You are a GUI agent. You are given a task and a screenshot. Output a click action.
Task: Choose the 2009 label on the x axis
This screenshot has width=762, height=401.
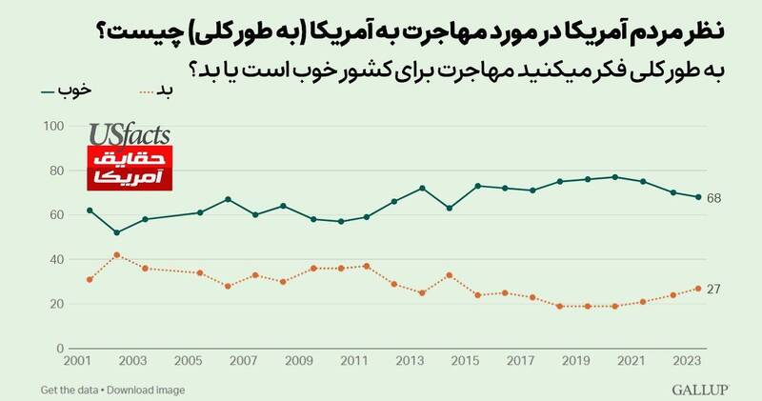(x=300, y=363)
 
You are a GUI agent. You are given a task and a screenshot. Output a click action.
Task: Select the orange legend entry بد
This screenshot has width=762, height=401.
(x=162, y=90)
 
